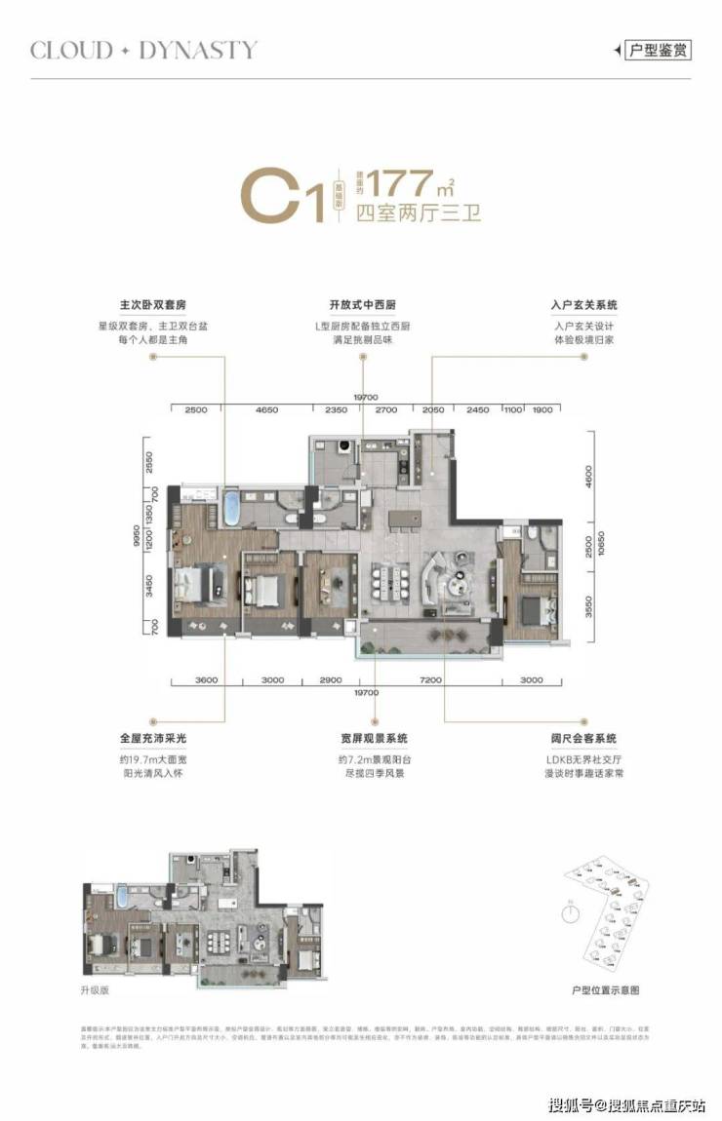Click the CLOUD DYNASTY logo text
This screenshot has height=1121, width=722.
click(143, 50)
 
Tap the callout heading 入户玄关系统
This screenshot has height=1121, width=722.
click(583, 305)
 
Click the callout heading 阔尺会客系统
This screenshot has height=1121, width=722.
click(583, 739)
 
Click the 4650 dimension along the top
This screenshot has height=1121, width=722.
click(266, 411)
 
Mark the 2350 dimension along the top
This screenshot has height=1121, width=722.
click(337, 411)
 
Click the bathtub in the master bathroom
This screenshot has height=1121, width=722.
click(232, 509)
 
